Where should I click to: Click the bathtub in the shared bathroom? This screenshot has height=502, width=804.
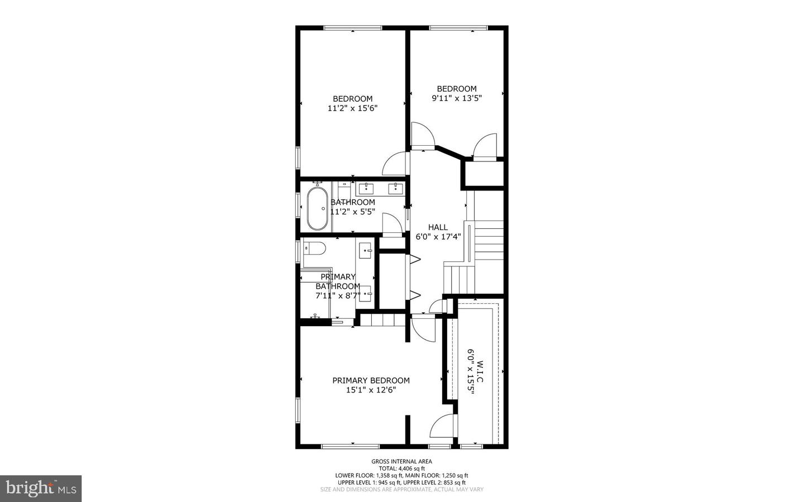pyautogui.click(x=317, y=209)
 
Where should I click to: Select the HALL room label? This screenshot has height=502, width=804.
pyautogui.click(x=438, y=227)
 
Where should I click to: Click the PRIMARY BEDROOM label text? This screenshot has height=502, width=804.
pyautogui.click(x=371, y=380)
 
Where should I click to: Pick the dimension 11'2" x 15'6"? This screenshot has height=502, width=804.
pyautogui.click(x=352, y=108)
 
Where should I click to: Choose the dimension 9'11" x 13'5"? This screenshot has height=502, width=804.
pyautogui.click(x=456, y=98)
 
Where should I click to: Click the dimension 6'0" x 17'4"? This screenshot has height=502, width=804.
pyautogui.click(x=438, y=237)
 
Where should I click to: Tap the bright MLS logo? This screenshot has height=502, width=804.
pyautogui.click(x=41, y=489)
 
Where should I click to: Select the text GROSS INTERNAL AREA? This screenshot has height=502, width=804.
pyautogui.click(x=401, y=461)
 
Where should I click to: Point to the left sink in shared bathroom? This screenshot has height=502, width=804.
pyautogui.click(x=366, y=188)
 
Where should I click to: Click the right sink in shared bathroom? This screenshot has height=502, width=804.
pyautogui.click(x=396, y=188)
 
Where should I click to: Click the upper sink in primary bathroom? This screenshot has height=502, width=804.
pyautogui.click(x=366, y=250)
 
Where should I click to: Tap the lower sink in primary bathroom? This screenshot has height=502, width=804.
pyautogui.click(x=366, y=293)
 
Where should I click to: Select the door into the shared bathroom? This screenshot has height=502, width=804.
pyautogui.click(x=392, y=226)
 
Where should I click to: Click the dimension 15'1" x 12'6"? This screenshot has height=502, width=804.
pyautogui.click(x=371, y=390)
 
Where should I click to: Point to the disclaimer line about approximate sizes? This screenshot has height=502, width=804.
pyautogui.click(x=401, y=490)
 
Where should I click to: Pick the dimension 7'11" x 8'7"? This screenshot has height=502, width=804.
pyautogui.click(x=338, y=296)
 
